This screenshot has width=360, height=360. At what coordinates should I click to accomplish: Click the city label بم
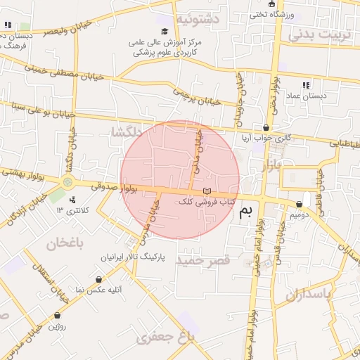point(245,212)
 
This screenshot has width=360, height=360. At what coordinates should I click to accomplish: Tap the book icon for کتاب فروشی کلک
point(206,191)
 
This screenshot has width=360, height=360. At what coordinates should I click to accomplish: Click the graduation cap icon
point(165,31)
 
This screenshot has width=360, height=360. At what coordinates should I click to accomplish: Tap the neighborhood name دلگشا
point(127,131)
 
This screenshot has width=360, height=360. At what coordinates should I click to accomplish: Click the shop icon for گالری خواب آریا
point(266,127)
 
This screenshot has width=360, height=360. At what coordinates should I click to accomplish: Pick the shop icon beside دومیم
point(307,204)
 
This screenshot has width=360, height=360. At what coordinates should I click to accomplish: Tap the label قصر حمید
point(203,261)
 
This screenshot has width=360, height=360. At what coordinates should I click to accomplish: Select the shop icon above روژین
point(56,316)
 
